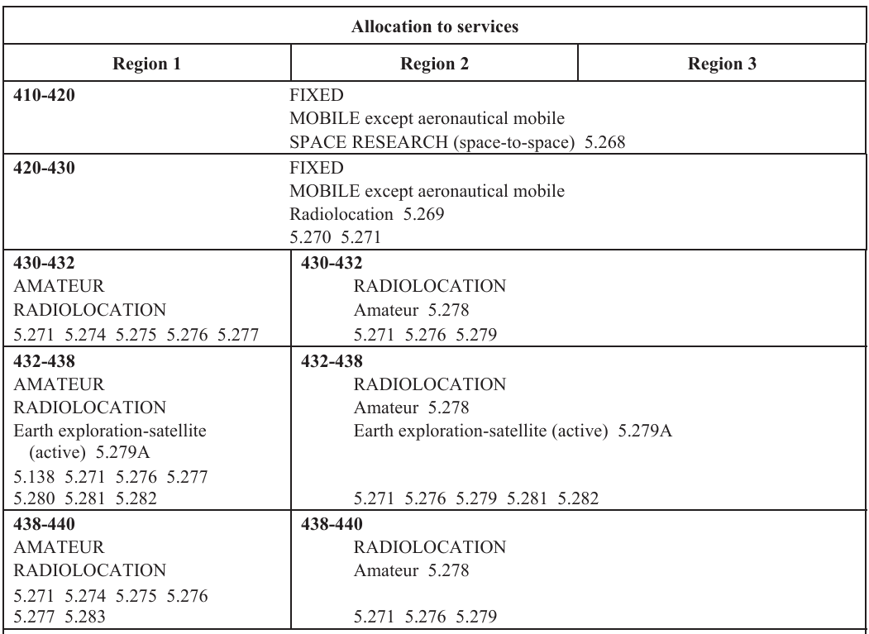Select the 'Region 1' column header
tap(149, 63)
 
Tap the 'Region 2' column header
tap(433, 63)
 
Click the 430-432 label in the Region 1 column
tap(40, 267)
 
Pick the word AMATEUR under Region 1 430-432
tap(54, 287)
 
